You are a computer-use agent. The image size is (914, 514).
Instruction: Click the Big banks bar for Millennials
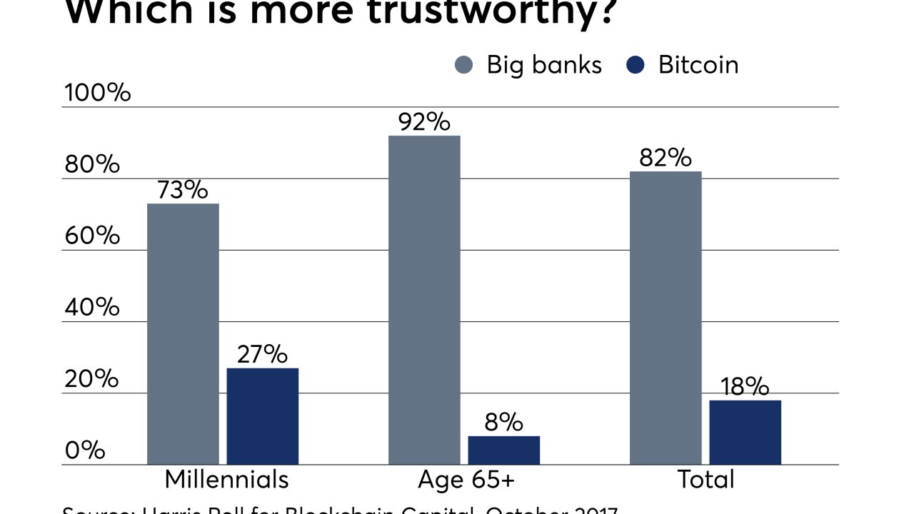(x=183, y=334)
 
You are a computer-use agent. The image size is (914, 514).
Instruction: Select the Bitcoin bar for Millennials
(x=262, y=416)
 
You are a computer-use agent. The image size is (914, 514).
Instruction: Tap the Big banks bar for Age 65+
(x=424, y=300)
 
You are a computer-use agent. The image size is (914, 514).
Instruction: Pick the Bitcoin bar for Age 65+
(x=503, y=450)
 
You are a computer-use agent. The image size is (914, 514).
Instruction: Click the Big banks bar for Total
(x=666, y=318)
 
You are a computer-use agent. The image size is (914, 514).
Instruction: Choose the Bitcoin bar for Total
(x=745, y=433)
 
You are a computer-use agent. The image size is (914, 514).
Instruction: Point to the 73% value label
(x=183, y=190)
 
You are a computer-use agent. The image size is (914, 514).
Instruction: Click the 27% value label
(x=262, y=354)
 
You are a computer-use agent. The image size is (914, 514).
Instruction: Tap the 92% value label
(x=424, y=122)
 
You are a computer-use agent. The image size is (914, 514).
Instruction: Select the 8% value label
(x=503, y=422)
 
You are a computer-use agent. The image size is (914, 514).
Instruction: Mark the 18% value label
(x=745, y=386)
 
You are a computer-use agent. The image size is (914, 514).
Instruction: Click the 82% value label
(x=666, y=158)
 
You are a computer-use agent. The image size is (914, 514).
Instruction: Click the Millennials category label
(x=226, y=479)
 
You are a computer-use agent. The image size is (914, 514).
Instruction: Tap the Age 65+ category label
(x=466, y=479)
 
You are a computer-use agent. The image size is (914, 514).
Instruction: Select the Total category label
(x=705, y=479)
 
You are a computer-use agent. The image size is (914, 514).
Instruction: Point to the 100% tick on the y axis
(x=98, y=93)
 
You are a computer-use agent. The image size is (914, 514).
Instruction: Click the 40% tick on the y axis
(x=92, y=308)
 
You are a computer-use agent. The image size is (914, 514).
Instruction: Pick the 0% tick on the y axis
(x=85, y=450)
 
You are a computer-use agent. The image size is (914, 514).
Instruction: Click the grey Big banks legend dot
(x=464, y=66)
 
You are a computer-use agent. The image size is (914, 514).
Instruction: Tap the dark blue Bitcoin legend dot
(x=635, y=66)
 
